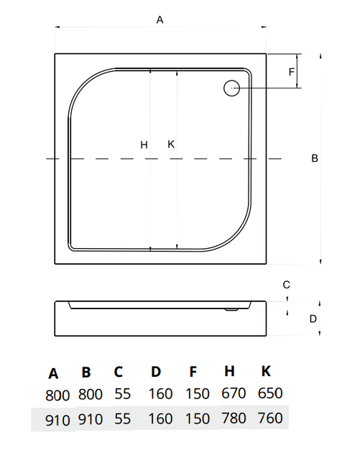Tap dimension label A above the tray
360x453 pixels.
[x=160, y=20]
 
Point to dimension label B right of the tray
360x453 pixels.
[x=315, y=158]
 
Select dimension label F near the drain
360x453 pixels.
[x=292, y=72]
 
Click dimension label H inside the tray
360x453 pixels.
[x=144, y=145]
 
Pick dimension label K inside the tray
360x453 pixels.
[x=171, y=144]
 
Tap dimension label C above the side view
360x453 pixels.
[x=286, y=285]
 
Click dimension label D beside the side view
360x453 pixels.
[x=313, y=319]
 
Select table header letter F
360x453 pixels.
[x=193, y=372]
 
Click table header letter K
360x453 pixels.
[x=266, y=371]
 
